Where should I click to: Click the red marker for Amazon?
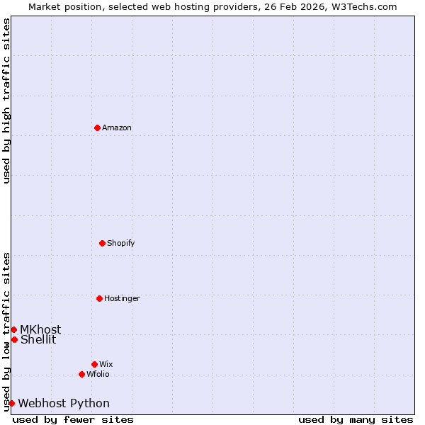coord(97,127)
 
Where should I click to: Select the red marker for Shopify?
coord(102,243)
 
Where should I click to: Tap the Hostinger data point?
coord(99,298)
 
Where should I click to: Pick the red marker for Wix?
coord(94,364)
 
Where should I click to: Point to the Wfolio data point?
coord(81,374)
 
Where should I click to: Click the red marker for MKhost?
coord(13,329)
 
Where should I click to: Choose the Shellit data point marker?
coord(14,339)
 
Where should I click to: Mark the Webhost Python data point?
coord(11,403)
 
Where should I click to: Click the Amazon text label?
coord(117,128)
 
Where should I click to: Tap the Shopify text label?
coord(121,244)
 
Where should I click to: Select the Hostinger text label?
coord(122,299)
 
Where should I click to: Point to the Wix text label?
coord(106,365)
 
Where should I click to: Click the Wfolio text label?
coord(98,375)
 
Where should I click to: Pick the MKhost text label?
coord(40,330)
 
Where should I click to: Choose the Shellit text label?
coord(38,340)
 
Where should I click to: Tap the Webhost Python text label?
coord(64,404)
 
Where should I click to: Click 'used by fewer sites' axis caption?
coord(73,420)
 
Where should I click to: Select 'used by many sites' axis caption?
coord(356,420)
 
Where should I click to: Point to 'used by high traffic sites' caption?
coord(6,101)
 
